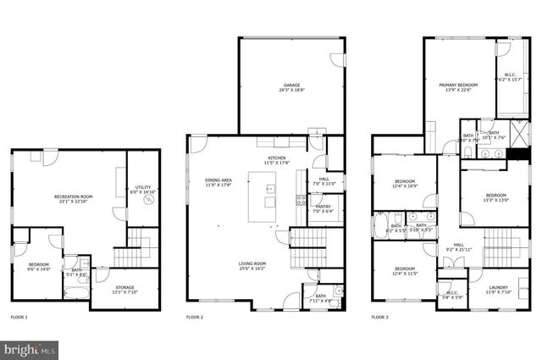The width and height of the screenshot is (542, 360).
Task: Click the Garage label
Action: [292, 86]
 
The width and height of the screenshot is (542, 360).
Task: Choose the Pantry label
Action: [323, 208]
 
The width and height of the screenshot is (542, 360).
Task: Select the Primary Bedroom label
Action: [458, 87]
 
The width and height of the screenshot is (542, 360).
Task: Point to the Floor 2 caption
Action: [195, 317]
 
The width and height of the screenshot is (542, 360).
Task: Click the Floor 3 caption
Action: [380, 317]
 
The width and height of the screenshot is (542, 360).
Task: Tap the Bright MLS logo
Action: [30, 348]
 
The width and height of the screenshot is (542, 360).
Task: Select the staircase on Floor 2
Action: [303, 252]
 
